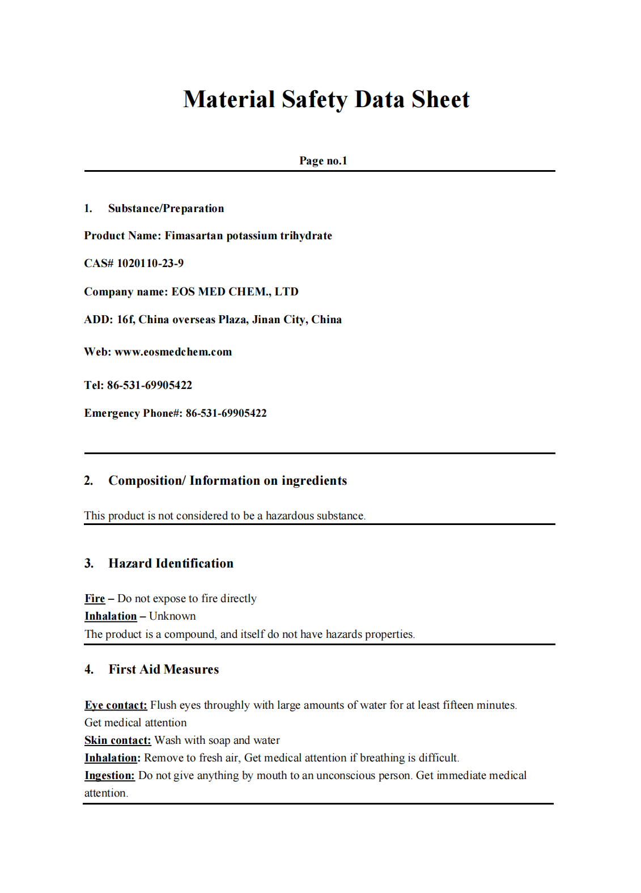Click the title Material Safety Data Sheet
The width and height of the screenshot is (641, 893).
[326, 99]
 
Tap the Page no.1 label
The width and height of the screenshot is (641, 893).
[323, 160]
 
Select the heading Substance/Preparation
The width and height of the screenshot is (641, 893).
[166, 208]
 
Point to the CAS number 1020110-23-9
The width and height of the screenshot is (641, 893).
[150, 263]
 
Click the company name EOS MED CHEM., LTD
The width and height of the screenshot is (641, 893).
[235, 291]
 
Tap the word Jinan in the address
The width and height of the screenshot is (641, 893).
[266, 319]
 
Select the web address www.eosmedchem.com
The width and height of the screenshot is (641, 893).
[173, 352]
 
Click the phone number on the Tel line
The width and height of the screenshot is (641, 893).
[150, 385]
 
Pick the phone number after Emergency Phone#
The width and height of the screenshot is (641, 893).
[226, 413]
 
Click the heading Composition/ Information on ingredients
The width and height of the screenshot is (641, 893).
[227, 481]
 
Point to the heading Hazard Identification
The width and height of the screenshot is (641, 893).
[171, 563]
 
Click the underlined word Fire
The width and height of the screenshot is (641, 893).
[95, 598]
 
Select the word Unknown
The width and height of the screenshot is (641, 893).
[172, 616]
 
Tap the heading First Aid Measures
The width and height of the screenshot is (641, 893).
[163, 669]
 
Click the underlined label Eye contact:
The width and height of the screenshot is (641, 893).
[116, 705]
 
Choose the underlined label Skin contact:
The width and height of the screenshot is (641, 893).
[117, 740]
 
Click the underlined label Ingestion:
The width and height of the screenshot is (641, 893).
[109, 775]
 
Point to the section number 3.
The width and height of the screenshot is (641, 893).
[89, 563]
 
